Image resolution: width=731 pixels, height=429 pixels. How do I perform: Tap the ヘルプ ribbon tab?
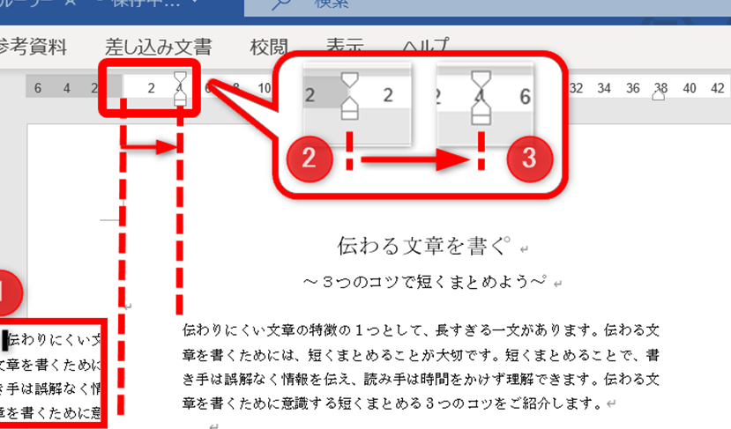pos(426,46)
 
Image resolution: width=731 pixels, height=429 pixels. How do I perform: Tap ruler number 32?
pos(577,88)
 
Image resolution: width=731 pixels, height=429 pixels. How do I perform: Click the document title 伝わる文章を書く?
pos(413,245)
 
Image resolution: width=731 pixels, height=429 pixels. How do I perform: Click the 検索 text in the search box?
pos(332,4)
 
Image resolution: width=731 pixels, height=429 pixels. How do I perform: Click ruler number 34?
pos(604,88)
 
